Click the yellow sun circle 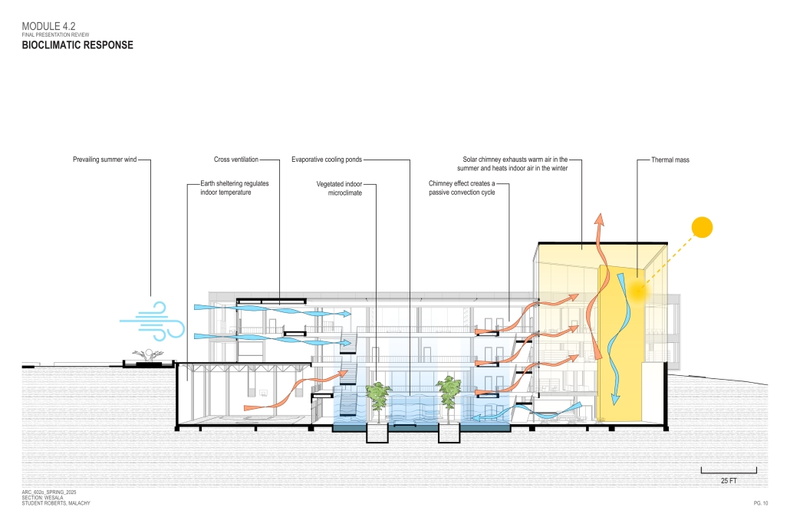702,228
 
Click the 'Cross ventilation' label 235,160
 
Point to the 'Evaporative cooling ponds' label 326,160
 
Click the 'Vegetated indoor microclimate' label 339,189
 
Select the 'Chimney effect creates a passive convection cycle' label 462,189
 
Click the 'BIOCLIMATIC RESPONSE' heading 77,45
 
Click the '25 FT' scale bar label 729,481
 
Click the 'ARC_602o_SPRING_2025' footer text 50,491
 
